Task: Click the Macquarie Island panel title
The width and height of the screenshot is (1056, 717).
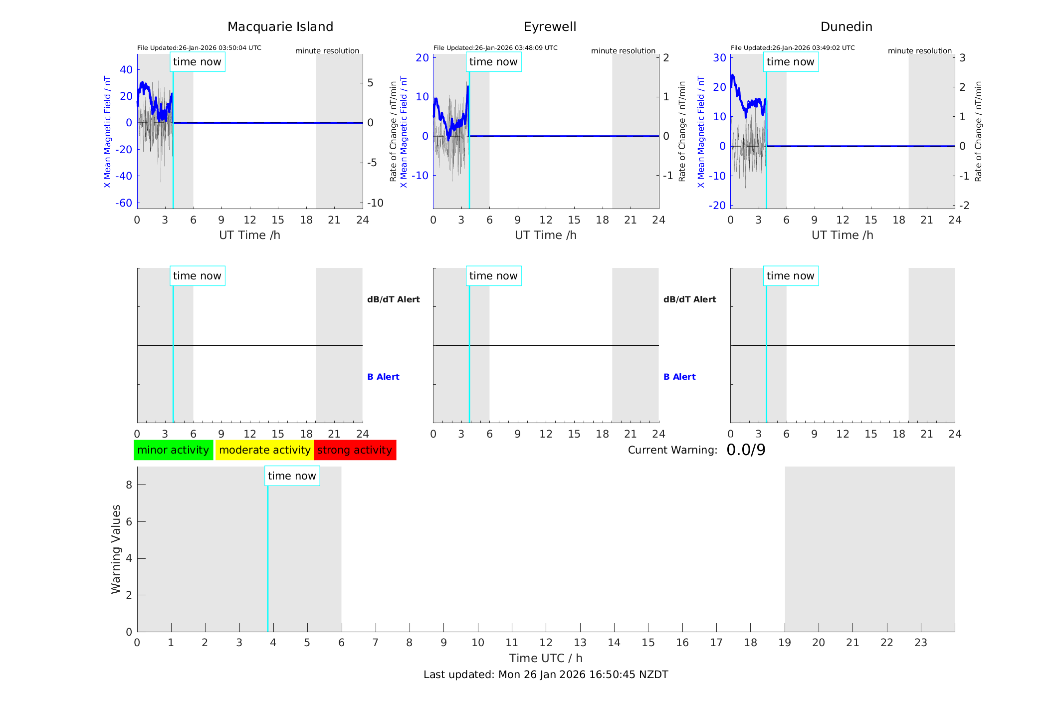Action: coord(280,27)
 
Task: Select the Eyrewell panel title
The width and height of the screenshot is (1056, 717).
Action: coord(550,27)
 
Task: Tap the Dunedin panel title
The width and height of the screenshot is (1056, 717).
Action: coord(846,27)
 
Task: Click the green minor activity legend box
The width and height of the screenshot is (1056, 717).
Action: coord(173,450)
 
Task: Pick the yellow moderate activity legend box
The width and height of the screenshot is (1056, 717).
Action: coord(264,450)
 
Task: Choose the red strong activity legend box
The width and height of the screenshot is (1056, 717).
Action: coord(355,450)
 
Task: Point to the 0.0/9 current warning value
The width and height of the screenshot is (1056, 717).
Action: coord(746,450)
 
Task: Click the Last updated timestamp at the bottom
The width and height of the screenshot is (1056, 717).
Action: coord(546,675)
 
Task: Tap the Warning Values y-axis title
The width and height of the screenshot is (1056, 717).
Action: coord(116,549)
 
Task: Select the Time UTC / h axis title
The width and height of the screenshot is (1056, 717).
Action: coord(546,658)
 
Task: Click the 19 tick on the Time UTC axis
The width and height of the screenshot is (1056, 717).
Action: coord(785,643)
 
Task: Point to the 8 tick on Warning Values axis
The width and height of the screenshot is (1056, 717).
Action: coord(129,484)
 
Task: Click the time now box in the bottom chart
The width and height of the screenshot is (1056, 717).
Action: coord(292,476)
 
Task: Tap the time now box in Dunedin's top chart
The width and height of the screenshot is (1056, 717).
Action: coord(790,62)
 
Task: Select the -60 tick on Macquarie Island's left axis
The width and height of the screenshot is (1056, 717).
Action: coord(124,203)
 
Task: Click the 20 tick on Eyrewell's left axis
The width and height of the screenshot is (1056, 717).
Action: coord(422,57)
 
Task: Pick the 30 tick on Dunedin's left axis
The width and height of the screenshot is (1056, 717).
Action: coord(719,57)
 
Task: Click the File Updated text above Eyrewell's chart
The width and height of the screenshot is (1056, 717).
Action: coord(495,48)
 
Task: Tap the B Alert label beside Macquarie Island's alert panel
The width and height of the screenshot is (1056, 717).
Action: coord(383,377)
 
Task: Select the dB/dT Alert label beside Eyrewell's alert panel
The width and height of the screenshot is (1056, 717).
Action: coord(689,299)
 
